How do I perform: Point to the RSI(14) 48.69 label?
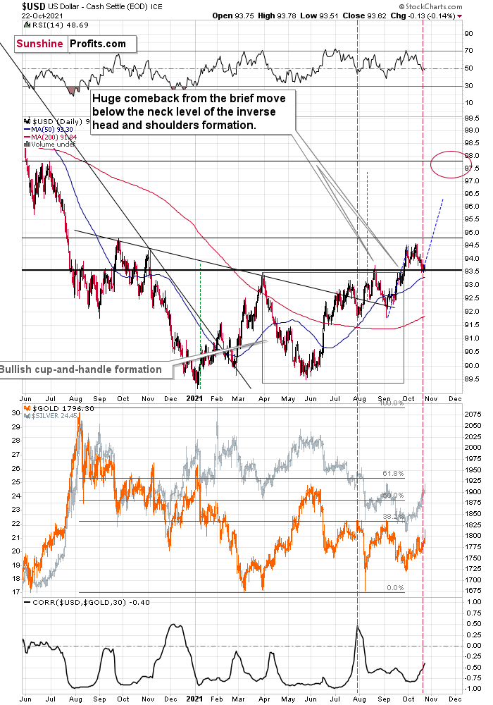pyautogui.click(x=54, y=25)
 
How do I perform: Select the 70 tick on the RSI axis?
pyautogui.click(x=468, y=51)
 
